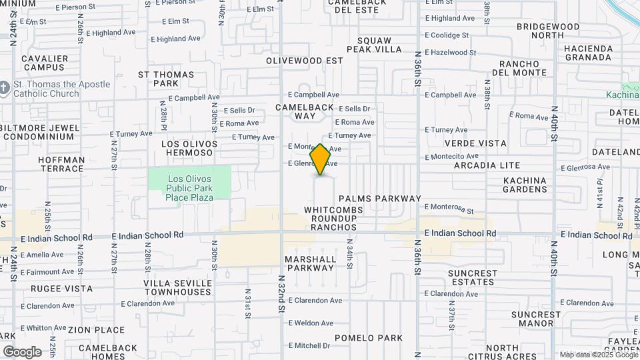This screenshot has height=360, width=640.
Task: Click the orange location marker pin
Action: click(321, 159)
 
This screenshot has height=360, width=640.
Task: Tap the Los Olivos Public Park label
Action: click(190, 188)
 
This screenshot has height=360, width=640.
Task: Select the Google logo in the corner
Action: click(22, 352)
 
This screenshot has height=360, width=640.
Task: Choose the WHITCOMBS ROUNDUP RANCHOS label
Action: click(333, 219)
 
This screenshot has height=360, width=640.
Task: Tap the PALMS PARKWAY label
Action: click(380, 199)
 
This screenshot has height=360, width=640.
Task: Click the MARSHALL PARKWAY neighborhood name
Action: click(310, 263)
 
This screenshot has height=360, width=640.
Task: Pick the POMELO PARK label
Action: click(369, 338)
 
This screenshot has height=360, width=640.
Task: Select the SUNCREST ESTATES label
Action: click(473, 278)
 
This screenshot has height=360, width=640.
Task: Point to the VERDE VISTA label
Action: click(475, 143)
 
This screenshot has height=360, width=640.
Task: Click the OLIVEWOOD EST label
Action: click(304, 61)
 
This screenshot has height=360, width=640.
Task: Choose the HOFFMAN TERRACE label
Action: click(61, 165)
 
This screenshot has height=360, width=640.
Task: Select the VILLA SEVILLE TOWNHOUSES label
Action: click(178, 287)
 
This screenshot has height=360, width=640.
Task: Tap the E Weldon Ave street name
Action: click(311, 323)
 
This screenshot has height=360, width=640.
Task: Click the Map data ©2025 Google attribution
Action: click(598, 355)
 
